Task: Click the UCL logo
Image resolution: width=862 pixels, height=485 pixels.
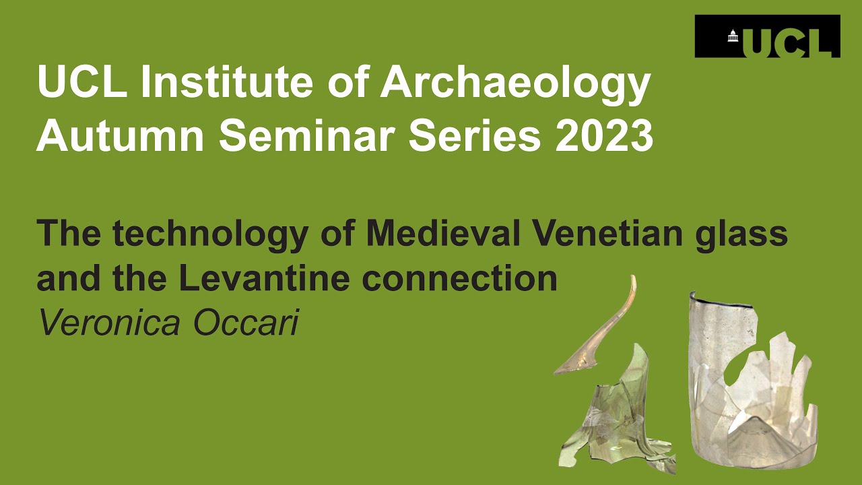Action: (767, 36)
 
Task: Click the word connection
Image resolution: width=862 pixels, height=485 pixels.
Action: (459, 278)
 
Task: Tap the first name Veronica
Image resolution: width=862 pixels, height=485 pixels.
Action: (109, 323)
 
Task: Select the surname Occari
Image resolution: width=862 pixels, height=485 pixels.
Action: (246, 323)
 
